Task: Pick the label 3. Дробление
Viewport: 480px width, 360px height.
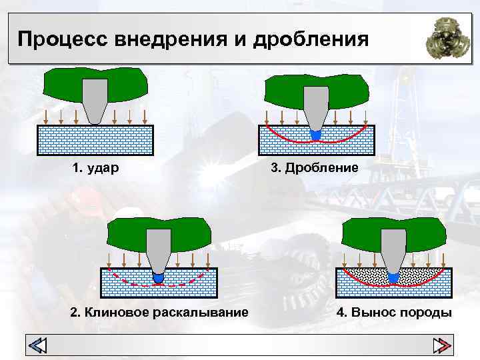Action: click(314, 167)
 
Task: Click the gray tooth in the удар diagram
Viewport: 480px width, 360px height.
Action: click(95, 99)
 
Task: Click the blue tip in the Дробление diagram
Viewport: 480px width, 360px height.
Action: click(316, 134)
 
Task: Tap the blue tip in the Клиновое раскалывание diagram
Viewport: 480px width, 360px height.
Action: click(159, 275)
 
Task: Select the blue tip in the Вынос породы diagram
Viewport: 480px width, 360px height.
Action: click(393, 277)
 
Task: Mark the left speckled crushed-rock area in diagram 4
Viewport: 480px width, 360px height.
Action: click(363, 275)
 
